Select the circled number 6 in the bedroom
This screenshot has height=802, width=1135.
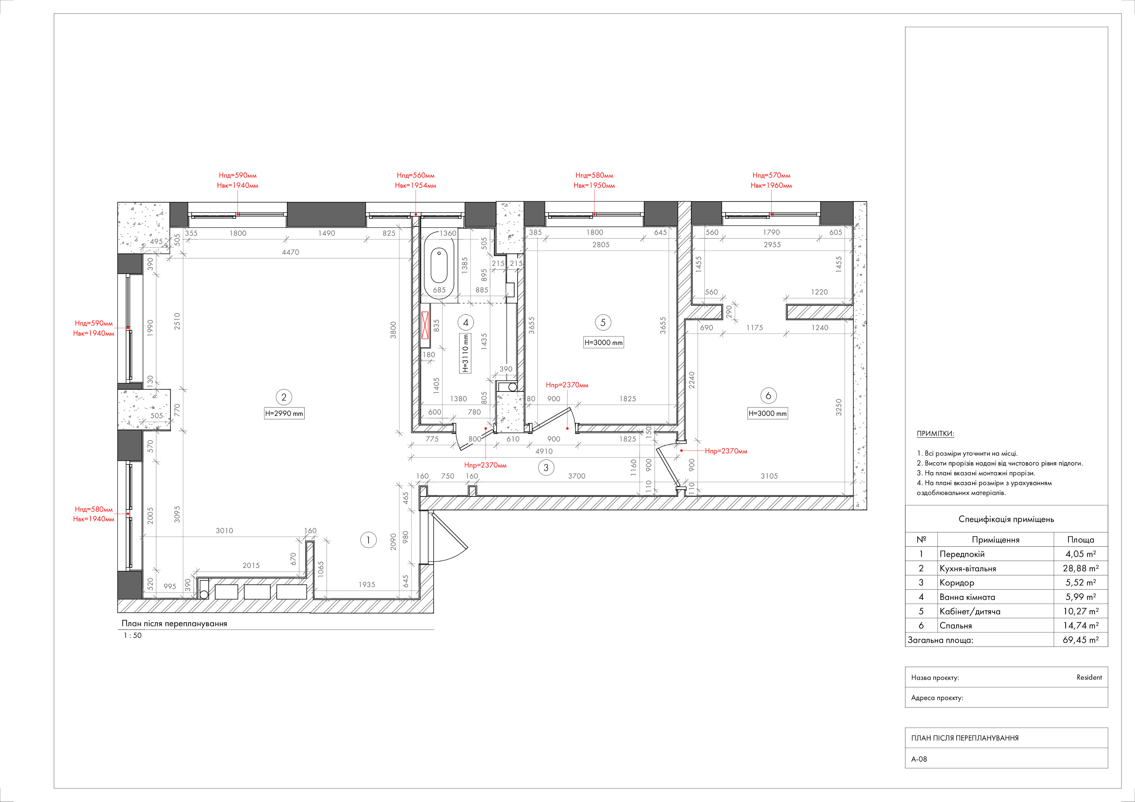(768, 395)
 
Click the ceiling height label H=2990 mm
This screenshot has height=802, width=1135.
(284, 414)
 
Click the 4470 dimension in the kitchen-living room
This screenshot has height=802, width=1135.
(291, 252)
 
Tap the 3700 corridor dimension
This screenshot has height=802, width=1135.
(576, 476)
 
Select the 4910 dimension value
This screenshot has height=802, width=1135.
(544, 451)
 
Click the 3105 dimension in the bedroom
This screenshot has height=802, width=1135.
(769, 476)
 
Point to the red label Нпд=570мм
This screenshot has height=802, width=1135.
(771, 175)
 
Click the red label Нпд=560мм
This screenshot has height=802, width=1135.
(415, 175)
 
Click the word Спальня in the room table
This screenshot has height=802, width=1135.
(955, 626)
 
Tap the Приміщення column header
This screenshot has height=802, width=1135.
(996, 540)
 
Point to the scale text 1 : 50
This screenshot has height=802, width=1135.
(132, 636)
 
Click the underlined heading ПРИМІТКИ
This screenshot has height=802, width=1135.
(935, 434)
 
